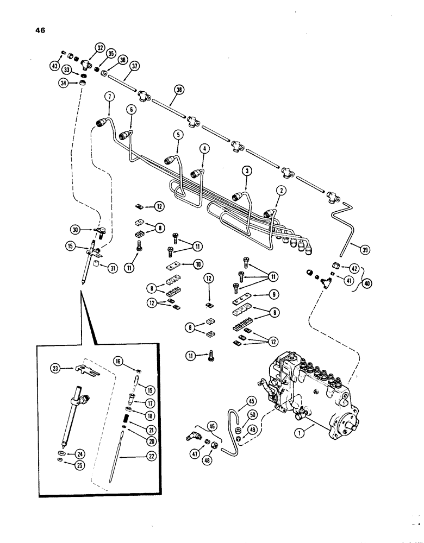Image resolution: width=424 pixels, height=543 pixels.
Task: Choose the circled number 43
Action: [x=53, y=66]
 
